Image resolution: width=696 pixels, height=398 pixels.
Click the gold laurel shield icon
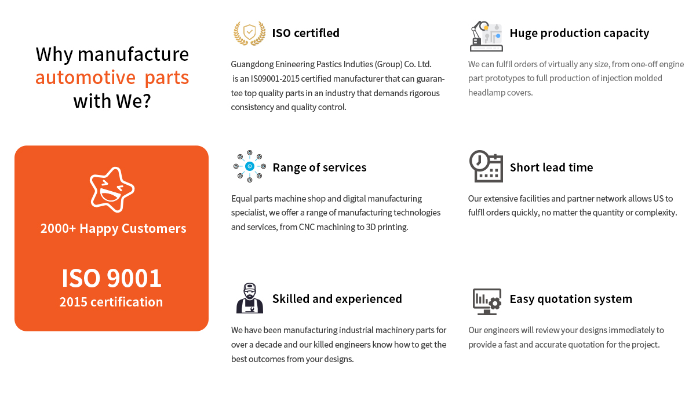point(250,33)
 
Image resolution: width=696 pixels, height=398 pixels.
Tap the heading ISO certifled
point(306,33)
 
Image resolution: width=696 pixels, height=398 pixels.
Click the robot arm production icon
point(486,36)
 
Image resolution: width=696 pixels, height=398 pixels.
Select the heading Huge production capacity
point(579,33)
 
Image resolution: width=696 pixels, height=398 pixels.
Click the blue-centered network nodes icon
point(250,166)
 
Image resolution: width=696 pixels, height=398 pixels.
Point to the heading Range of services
point(319,167)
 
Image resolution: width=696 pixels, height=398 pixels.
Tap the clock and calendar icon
point(486,166)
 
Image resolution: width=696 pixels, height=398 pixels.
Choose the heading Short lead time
point(551,167)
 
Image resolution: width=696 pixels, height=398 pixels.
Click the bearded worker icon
point(250,298)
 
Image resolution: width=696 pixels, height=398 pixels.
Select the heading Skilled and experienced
point(337,299)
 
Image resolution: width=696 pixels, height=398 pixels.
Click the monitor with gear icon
point(487,301)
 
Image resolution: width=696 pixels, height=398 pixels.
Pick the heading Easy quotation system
point(571,299)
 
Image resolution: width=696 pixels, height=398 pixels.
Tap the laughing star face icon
point(112,189)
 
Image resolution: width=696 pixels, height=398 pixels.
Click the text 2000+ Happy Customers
point(113,228)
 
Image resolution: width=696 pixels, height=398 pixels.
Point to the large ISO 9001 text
point(111,277)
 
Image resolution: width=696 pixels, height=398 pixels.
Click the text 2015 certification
point(111,302)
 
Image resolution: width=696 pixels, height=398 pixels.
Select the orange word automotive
point(85,78)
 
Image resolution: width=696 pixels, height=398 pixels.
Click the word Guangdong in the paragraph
point(252,65)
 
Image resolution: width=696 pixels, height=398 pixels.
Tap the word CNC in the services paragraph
point(307,227)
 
